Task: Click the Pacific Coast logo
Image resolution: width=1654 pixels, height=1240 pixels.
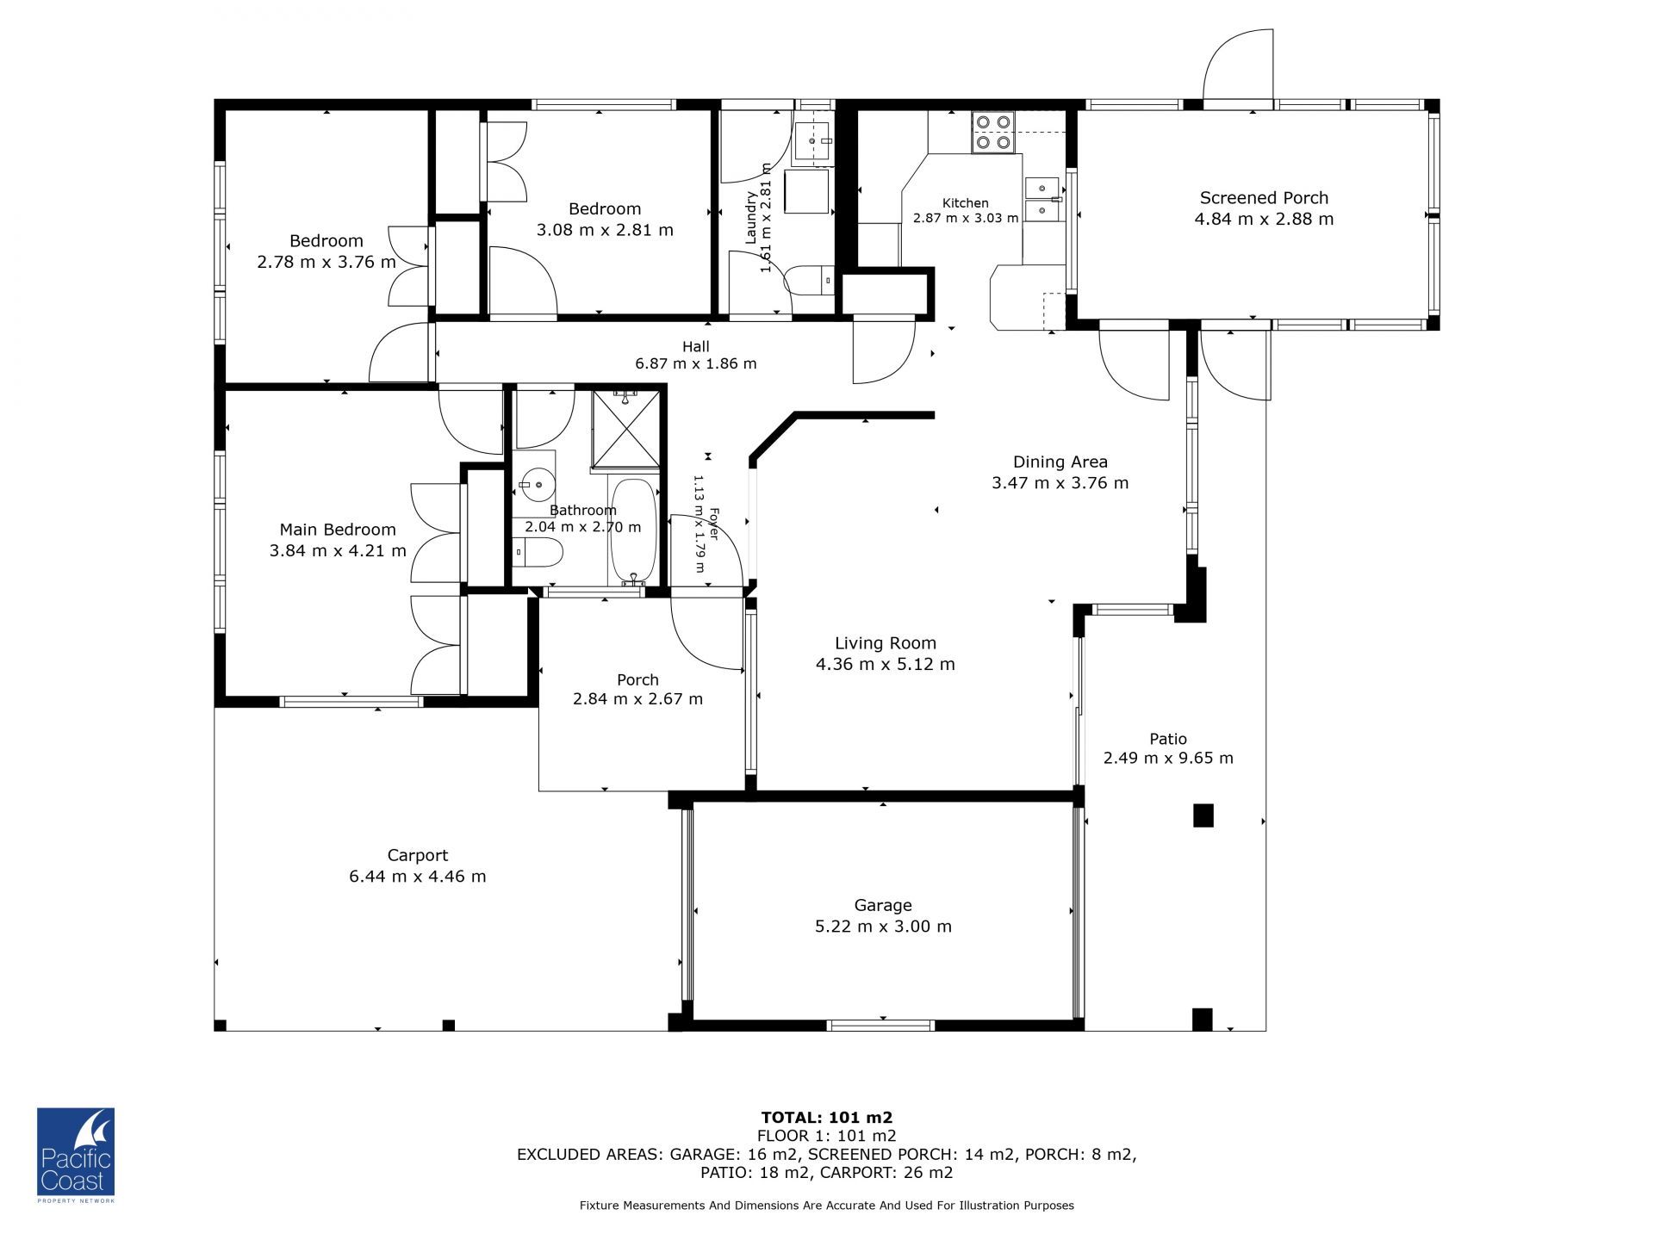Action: tap(76, 1155)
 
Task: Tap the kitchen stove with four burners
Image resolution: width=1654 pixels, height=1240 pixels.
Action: tap(993, 133)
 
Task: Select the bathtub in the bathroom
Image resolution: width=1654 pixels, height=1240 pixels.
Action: tap(633, 532)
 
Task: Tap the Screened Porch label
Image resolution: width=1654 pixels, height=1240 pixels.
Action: tap(1264, 198)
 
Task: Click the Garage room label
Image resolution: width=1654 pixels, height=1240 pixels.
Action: tap(883, 905)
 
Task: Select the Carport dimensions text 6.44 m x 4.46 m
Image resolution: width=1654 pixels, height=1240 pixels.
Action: tap(418, 877)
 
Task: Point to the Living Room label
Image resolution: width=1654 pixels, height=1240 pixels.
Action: tap(886, 643)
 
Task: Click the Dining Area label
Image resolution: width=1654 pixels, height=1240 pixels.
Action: tap(1060, 462)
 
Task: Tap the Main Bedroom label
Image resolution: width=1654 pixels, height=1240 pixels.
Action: tap(338, 530)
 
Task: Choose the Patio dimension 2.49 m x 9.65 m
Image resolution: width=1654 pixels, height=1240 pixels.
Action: tap(1169, 759)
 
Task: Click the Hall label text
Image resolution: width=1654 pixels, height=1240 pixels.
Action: tap(696, 346)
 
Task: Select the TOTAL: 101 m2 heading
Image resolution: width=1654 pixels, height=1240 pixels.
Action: tap(827, 1118)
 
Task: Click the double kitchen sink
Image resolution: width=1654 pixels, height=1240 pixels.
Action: tap(1043, 199)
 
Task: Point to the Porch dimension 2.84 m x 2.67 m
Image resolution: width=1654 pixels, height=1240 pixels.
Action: tap(638, 699)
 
